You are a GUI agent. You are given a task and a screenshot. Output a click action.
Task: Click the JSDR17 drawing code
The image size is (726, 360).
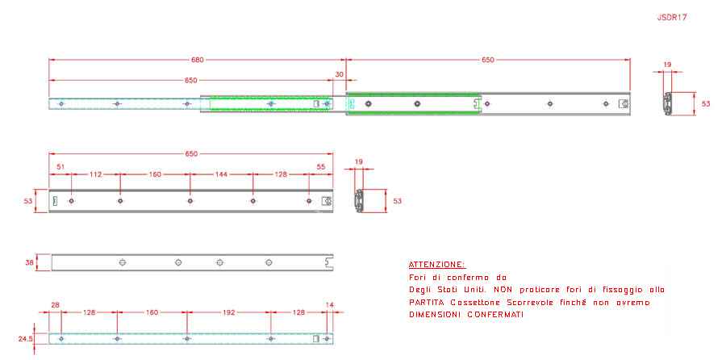point(672,18)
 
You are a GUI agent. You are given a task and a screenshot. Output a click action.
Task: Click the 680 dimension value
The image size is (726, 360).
point(198,60)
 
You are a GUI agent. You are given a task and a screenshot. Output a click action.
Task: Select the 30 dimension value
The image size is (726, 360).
point(340,74)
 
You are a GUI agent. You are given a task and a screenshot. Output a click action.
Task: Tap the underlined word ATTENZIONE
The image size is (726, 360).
point(437,265)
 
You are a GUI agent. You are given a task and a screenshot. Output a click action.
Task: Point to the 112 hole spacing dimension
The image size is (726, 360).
point(96,174)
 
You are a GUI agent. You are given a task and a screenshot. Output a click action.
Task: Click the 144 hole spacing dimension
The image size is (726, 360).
point(221,174)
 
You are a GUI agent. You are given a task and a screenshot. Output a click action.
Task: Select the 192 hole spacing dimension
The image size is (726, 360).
point(229,312)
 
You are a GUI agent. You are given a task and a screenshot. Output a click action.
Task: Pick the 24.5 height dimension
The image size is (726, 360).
point(26,339)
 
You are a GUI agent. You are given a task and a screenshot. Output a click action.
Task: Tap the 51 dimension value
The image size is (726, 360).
point(60,166)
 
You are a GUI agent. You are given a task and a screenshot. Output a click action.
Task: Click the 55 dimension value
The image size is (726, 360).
point(321,166)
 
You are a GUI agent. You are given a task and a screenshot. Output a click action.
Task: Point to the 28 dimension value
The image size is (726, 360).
point(55,304)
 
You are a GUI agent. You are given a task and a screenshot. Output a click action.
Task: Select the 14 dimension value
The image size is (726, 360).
point(330,304)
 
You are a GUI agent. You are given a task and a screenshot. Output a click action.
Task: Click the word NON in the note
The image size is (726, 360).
point(503,290)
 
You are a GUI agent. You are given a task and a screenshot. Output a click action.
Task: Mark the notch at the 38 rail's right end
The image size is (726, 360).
point(330,262)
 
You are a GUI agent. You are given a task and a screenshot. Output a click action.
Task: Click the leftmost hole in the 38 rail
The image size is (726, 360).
point(123,262)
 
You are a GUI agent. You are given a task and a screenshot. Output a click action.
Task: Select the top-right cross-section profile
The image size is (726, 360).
point(667,104)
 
